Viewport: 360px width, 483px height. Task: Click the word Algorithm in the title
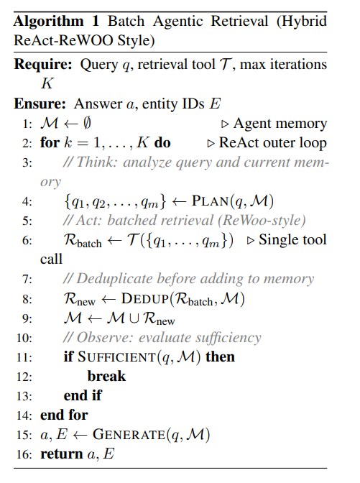tap(49, 22)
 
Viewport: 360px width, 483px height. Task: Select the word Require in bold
tap(43, 65)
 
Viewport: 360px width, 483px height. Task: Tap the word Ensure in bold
tap(40, 103)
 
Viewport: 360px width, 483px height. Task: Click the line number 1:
tap(27, 124)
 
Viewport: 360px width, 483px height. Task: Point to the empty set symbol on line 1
tap(87, 123)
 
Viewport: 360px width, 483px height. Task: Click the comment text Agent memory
tap(280, 124)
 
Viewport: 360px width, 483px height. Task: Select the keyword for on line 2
tap(50, 142)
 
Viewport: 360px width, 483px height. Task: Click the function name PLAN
tap(211, 201)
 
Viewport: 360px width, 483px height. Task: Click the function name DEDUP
tap(145, 298)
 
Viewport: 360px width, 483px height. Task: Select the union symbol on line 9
tap(134, 318)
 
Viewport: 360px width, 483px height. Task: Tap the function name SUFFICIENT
tap(116, 357)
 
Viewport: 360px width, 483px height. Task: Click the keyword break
tap(106, 376)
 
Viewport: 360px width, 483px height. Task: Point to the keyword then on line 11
tap(220, 356)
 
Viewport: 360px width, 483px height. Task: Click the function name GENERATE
tap(129, 435)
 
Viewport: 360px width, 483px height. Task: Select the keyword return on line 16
tap(62, 454)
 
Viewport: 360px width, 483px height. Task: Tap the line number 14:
tap(24, 415)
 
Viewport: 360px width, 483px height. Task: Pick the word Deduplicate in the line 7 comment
tap(114, 279)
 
